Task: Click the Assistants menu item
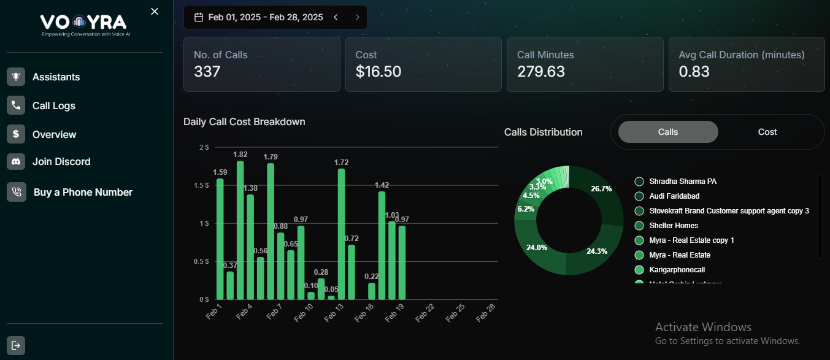coord(56,77)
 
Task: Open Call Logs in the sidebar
coord(53,105)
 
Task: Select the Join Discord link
coord(61,162)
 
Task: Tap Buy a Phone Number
coord(82,193)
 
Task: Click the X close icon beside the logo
coord(155,12)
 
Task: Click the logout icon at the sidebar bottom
coord(16,345)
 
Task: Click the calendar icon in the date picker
coord(199,17)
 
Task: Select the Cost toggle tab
coord(767,132)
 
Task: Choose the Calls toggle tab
coord(667,132)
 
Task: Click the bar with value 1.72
coord(341,234)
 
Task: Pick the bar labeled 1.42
coord(382,245)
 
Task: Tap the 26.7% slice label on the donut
coord(601,189)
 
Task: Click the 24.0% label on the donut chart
coord(536,248)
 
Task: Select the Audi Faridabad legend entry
coord(674,196)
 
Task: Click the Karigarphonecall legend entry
coord(677,270)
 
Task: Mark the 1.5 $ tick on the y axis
coord(201,185)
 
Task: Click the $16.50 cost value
coord(378,72)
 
